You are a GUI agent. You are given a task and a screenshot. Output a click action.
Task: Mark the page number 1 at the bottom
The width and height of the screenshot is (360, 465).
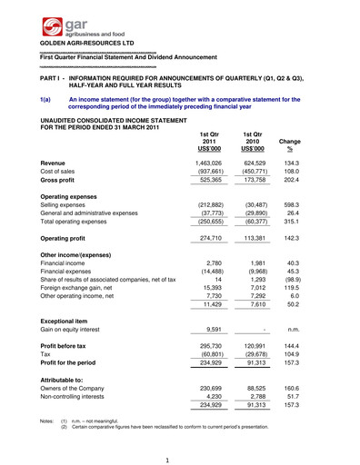click(x=181, y=458)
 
